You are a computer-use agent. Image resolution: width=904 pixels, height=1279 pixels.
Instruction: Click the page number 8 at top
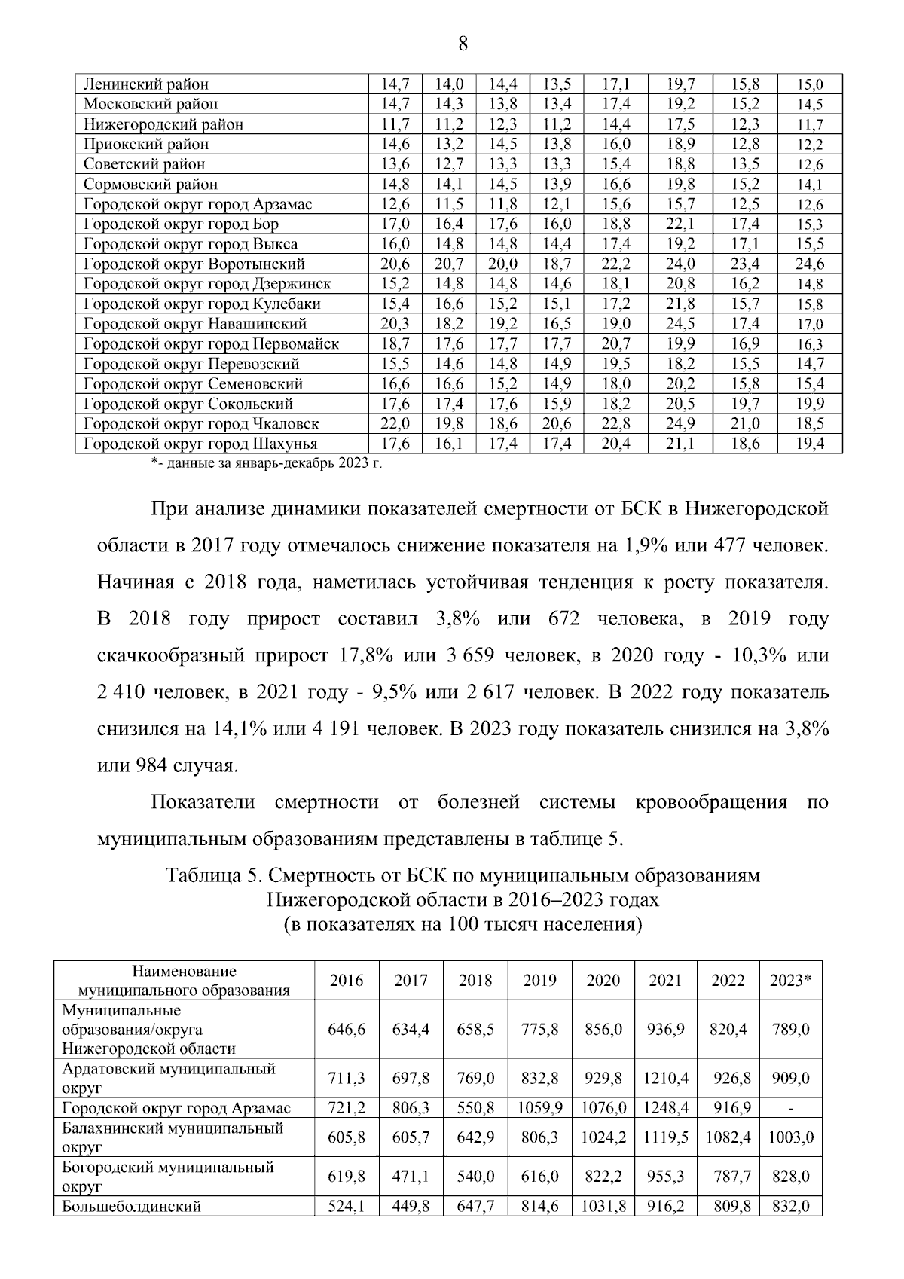(x=463, y=44)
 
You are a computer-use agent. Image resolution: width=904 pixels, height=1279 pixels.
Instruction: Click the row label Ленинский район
(x=145, y=84)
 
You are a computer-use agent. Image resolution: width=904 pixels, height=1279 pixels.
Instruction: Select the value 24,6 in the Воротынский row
(x=810, y=264)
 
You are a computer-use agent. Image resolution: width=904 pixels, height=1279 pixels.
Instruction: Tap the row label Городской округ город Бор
(x=181, y=224)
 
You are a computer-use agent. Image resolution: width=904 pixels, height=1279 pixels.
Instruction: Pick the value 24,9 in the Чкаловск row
(x=680, y=423)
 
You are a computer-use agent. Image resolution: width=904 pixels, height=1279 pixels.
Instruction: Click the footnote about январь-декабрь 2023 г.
(x=266, y=463)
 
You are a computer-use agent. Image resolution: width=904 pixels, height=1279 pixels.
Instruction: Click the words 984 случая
(x=167, y=766)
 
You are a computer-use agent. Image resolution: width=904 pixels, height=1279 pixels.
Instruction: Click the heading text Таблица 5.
(x=213, y=876)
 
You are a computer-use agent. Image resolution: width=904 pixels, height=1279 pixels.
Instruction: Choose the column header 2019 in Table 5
(x=539, y=981)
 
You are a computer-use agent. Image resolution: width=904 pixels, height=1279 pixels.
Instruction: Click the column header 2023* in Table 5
(x=789, y=981)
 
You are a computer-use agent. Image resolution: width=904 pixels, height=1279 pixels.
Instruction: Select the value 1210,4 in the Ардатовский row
(x=665, y=1078)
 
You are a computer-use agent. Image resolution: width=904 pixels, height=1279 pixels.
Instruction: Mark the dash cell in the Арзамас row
(x=789, y=1108)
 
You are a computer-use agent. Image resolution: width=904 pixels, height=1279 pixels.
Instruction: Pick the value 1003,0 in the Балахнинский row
(x=789, y=1137)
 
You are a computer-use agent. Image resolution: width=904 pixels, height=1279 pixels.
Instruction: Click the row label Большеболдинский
(x=131, y=1207)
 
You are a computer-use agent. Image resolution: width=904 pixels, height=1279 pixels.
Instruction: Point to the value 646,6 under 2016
(x=347, y=1029)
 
